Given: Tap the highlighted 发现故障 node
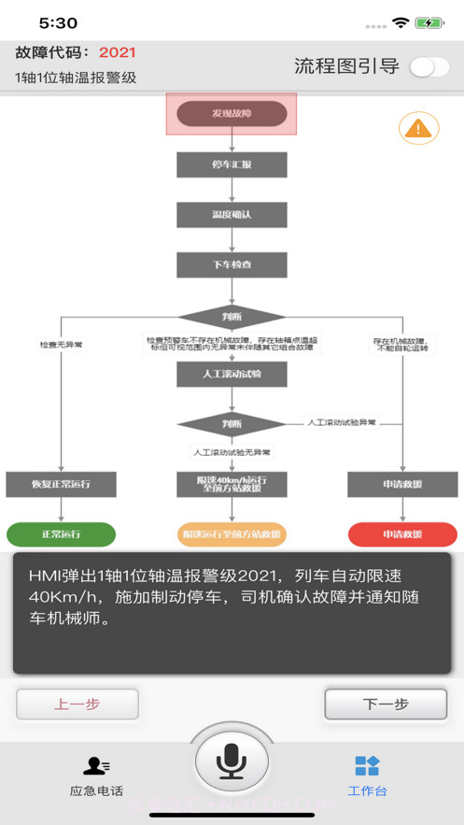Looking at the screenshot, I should (x=232, y=114).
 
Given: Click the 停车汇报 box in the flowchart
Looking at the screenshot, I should (x=232, y=164).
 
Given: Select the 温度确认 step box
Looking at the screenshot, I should (x=232, y=214).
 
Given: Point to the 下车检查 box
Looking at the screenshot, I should (x=232, y=264).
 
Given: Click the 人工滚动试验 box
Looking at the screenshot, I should (x=232, y=374).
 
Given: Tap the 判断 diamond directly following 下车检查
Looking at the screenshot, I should (x=232, y=316).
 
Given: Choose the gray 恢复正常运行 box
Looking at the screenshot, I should (x=61, y=484).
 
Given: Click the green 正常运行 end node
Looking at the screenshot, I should (x=61, y=534).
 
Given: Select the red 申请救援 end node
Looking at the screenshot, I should (x=402, y=534).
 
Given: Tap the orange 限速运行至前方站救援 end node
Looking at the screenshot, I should (x=232, y=534).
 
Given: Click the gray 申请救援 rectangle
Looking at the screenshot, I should (x=402, y=484).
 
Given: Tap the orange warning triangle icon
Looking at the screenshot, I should (x=418, y=128).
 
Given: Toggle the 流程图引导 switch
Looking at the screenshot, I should (x=429, y=66).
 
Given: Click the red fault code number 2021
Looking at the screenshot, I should (x=118, y=52).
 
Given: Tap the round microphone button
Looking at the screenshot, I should (x=231, y=762).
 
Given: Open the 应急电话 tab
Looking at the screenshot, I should (x=96, y=775).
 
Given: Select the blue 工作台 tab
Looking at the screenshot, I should (x=367, y=775).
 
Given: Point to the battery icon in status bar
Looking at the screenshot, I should (x=429, y=22).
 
